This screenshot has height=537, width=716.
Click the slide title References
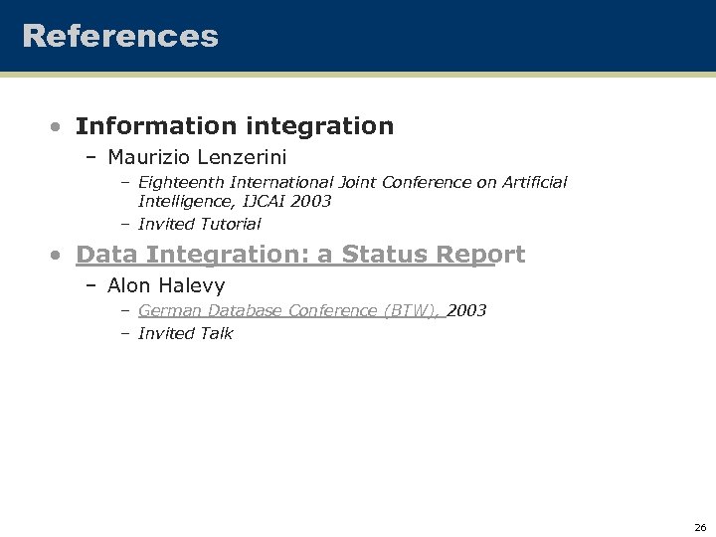click(x=120, y=37)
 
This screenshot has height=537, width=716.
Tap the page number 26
click(x=700, y=527)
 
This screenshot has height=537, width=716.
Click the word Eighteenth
click(x=181, y=182)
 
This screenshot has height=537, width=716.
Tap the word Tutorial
click(x=230, y=224)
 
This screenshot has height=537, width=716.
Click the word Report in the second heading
click(x=480, y=255)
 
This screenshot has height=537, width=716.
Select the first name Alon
click(x=128, y=286)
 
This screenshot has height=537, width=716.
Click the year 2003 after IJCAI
click(x=312, y=201)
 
